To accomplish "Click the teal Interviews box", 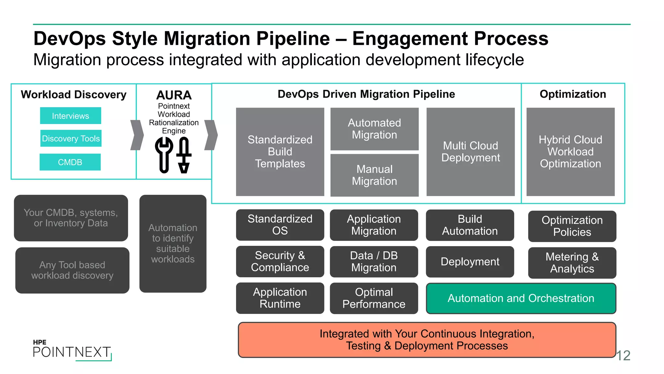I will pyautogui.click(x=70, y=116).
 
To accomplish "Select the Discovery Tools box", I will pyautogui.click(x=71, y=138).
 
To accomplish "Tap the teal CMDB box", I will pyautogui.click(x=70, y=162).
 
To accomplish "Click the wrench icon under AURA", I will pyautogui.click(x=164, y=154).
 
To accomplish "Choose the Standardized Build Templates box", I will pyautogui.click(x=280, y=152).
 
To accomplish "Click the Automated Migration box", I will pyautogui.click(x=374, y=129).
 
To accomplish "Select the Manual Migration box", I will pyautogui.click(x=374, y=175).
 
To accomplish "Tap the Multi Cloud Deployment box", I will pyautogui.click(x=470, y=152).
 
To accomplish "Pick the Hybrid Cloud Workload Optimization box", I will pyautogui.click(x=570, y=152).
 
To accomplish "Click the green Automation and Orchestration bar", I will pyautogui.click(x=521, y=298).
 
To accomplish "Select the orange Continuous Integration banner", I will pyautogui.click(x=427, y=340).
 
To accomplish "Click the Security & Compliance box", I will pyautogui.click(x=280, y=261).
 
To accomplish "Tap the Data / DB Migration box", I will pyautogui.click(x=374, y=261).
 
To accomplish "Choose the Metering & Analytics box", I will pyautogui.click(x=572, y=263).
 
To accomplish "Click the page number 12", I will pyautogui.click(x=623, y=355).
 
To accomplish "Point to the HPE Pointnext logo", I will pyautogui.click(x=72, y=350).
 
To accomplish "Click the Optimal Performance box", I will pyautogui.click(x=374, y=298).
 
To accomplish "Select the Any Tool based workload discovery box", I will pyautogui.click(x=72, y=270).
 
